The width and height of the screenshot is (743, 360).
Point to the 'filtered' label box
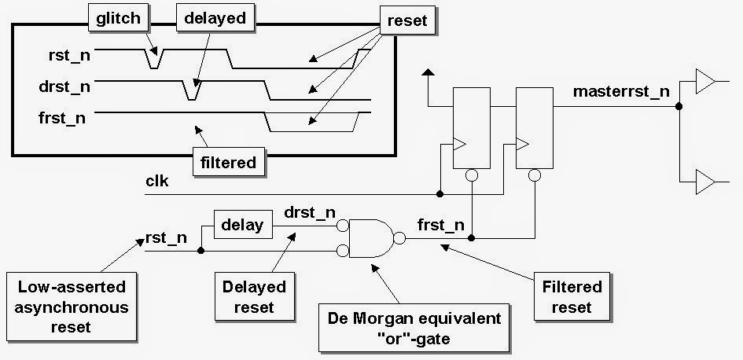[x=228, y=163]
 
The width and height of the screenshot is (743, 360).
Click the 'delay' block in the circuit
[x=244, y=226]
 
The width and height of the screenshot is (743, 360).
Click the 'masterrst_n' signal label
[x=621, y=91]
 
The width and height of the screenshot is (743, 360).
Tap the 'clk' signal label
[x=157, y=182]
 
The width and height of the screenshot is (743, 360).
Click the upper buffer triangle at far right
[x=704, y=81]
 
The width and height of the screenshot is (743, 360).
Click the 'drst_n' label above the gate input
[x=309, y=213]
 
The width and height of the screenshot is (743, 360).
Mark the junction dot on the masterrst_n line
[x=679, y=105]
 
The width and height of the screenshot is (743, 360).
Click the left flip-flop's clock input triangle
[x=460, y=145]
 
